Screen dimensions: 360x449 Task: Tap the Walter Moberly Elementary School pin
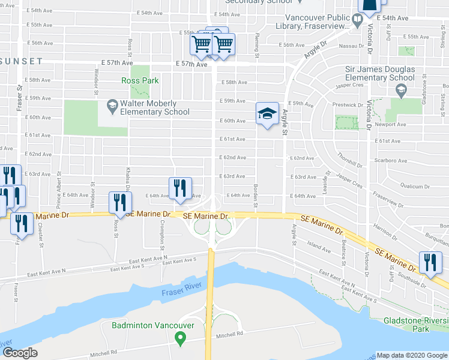pyautogui.click(x=112, y=107)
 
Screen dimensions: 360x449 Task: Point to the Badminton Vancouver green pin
pyautogui.click(x=179, y=338)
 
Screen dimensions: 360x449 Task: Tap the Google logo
pyautogui.click(x=21, y=353)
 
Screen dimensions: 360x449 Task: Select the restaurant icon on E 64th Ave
pyautogui.click(x=180, y=188)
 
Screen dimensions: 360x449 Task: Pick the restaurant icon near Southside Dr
pyautogui.click(x=430, y=264)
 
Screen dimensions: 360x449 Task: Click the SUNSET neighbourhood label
pyautogui.click(x=22, y=61)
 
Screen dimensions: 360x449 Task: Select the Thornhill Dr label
pyautogui.click(x=351, y=159)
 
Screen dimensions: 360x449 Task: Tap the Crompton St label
pyautogui.click(x=163, y=230)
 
